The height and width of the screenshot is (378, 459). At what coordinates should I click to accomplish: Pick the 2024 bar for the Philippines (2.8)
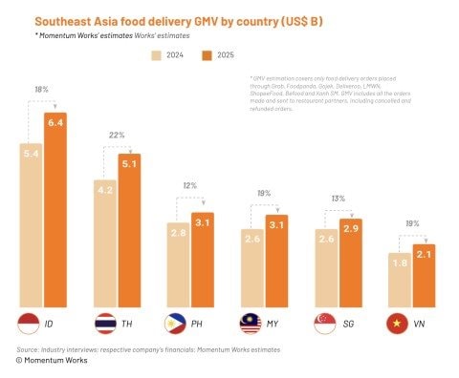click(179, 262)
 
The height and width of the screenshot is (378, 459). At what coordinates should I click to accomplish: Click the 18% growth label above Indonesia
click(41, 89)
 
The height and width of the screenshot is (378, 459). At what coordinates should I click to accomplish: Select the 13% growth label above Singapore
click(339, 199)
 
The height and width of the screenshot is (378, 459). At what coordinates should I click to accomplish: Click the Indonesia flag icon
click(30, 323)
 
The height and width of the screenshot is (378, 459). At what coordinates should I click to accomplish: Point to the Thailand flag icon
click(103, 324)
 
